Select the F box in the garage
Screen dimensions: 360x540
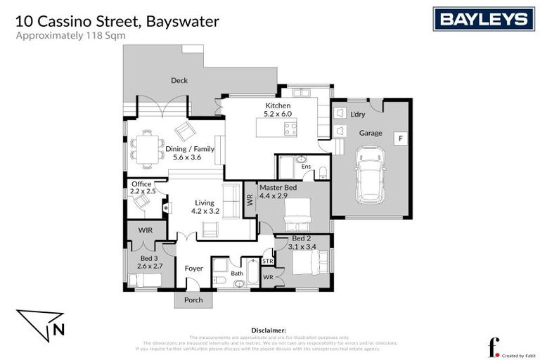[x=399, y=139]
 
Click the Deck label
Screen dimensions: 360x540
[x=179, y=81]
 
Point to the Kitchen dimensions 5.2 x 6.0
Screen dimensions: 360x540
[x=278, y=113]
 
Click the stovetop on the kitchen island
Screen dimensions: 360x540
[x=289, y=128]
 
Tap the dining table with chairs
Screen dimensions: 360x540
[x=147, y=149]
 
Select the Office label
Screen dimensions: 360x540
[x=141, y=184]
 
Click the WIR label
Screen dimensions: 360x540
[x=146, y=230]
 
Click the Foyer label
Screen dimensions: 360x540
[x=193, y=269]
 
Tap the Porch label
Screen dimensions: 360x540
[x=193, y=300]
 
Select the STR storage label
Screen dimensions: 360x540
[x=268, y=262]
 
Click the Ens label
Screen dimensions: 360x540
[x=306, y=167]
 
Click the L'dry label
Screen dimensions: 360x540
[x=357, y=113]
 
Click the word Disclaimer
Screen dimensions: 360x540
[x=269, y=330]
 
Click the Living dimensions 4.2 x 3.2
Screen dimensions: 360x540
[x=206, y=210]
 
